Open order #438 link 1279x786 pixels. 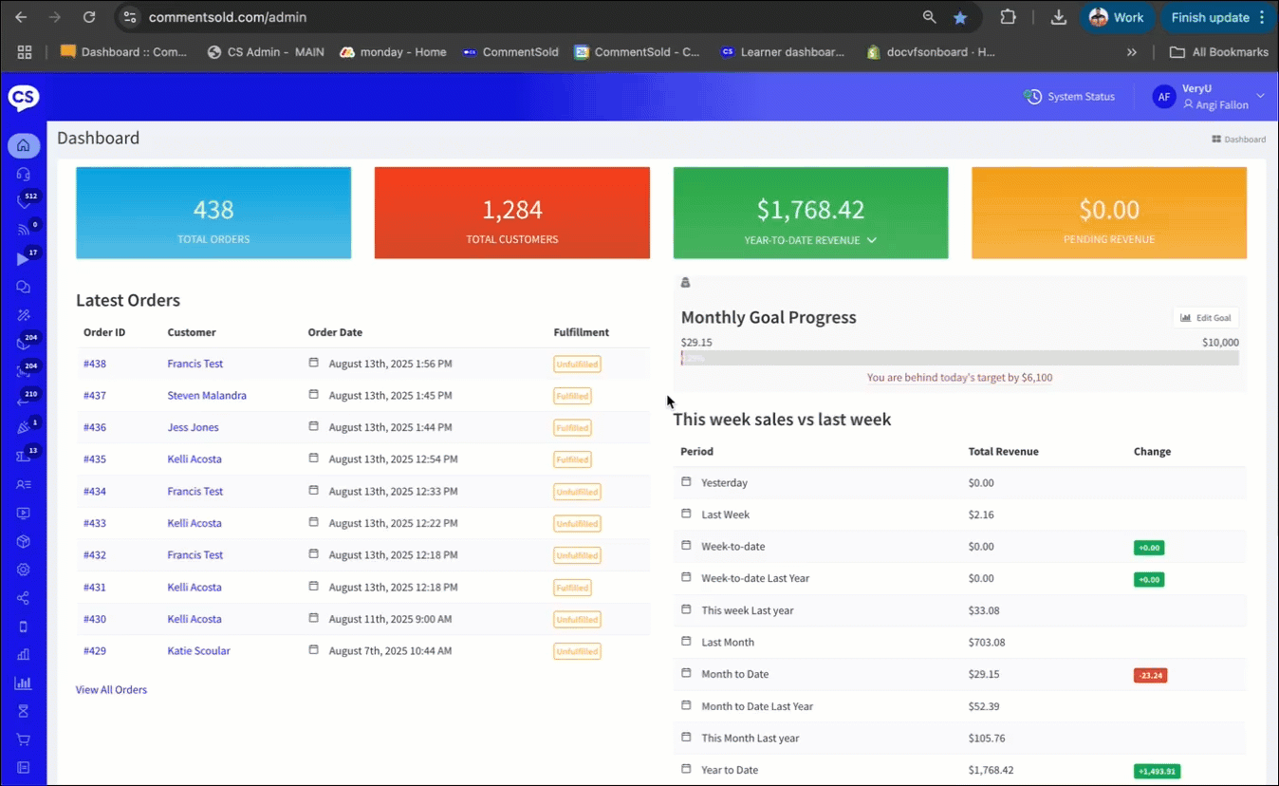94,364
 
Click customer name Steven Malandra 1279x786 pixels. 207,395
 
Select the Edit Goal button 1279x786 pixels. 1205,318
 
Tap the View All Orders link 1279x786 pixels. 111,689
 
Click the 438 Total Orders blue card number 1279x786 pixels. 213,210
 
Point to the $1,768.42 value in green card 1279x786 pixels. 810,210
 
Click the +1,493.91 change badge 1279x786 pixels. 1157,771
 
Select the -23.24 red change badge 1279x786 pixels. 1150,675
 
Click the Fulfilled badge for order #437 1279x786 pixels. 572,396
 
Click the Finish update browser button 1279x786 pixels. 1210,17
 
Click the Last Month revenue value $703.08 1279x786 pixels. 986,642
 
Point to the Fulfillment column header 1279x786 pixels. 581,332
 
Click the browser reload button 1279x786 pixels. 89,17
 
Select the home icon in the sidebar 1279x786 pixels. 24,145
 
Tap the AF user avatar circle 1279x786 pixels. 1164,96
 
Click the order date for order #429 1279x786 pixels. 390,651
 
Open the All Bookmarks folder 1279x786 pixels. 1219,52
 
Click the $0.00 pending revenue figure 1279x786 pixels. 1109,210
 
